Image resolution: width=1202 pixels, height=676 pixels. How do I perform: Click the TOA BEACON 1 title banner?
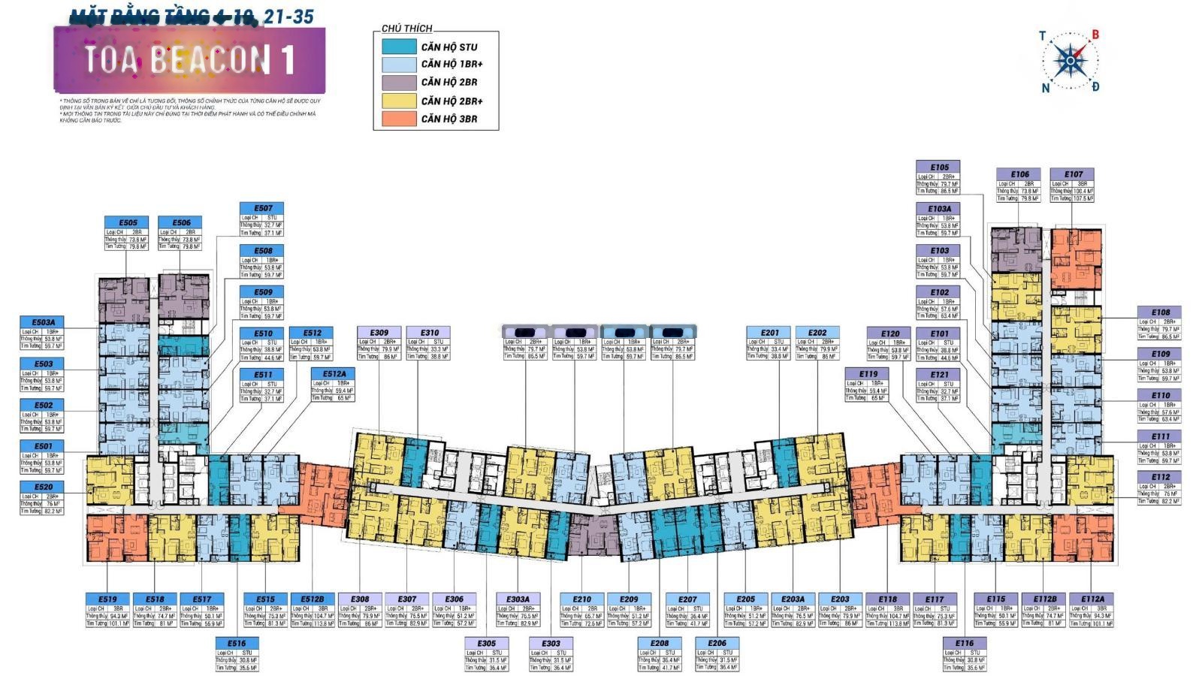point(189,60)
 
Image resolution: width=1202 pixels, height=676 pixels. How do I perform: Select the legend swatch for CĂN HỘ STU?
point(399,47)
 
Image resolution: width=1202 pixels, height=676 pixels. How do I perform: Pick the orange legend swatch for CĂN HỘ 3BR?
point(399,119)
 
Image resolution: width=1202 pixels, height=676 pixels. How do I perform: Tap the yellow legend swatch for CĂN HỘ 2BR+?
point(399,101)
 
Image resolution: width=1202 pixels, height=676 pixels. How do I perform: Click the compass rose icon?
point(1068,61)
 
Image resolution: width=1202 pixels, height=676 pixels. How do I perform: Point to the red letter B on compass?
point(1095,35)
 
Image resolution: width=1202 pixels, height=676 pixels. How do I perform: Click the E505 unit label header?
point(128,223)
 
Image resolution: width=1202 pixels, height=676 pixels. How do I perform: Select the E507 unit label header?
point(263,208)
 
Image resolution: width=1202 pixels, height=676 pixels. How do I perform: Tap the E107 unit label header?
point(1073,174)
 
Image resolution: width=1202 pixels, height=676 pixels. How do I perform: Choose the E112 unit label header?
point(1160,477)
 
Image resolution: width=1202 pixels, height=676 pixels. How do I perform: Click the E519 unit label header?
point(107,599)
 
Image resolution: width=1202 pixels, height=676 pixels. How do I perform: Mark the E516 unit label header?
point(237,643)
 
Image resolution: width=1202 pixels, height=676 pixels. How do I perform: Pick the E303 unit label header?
point(551,643)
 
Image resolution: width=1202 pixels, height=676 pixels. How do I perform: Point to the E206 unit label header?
point(717,643)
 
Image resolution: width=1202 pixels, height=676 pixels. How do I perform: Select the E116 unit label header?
point(965,643)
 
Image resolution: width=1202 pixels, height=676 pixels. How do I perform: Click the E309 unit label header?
point(379,333)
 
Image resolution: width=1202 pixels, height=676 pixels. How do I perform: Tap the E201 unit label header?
point(769,333)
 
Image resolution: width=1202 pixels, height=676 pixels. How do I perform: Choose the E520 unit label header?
point(43,487)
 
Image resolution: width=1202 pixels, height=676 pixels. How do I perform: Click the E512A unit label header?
point(334,374)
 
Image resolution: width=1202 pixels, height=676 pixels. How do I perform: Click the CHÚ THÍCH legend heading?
point(406,29)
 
